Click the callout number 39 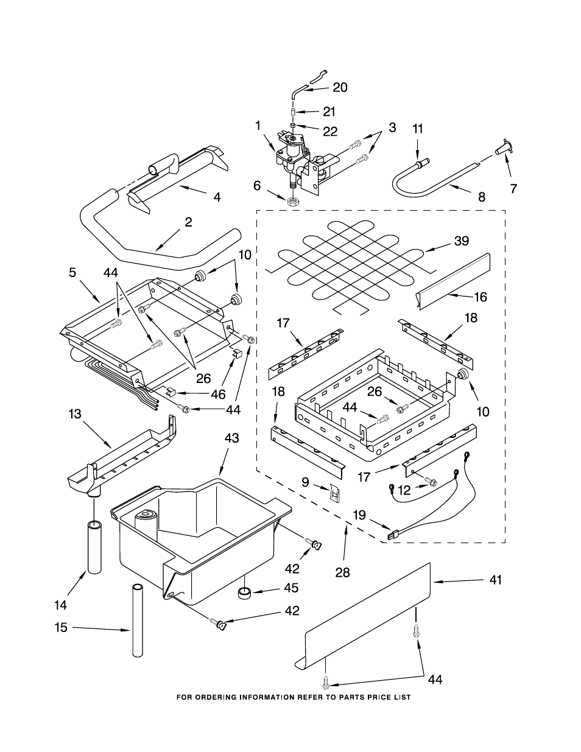click(x=461, y=241)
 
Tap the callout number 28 click(x=343, y=572)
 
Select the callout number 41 click(x=496, y=580)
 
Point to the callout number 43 click(x=231, y=438)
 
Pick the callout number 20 click(x=340, y=87)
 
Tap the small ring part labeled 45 click(x=245, y=592)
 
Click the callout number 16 click(x=481, y=297)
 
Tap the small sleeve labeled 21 click(x=293, y=113)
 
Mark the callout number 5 click(x=72, y=273)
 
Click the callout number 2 click(x=188, y=223)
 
